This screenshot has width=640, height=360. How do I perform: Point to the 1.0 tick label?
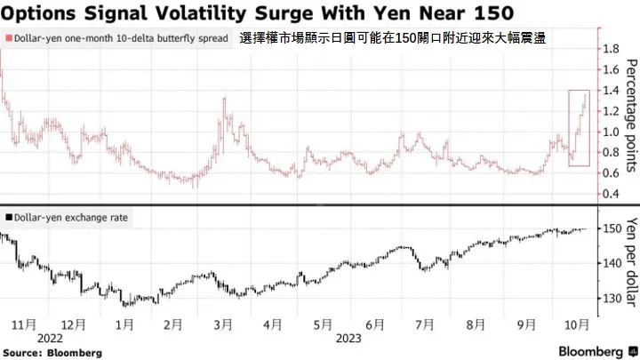point(612,132)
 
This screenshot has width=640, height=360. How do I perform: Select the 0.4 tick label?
point(612,195)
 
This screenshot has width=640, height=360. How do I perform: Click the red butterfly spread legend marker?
point(8,39)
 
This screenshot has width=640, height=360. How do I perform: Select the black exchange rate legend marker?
point(8,217)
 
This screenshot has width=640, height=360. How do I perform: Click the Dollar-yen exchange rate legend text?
point(71,217)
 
